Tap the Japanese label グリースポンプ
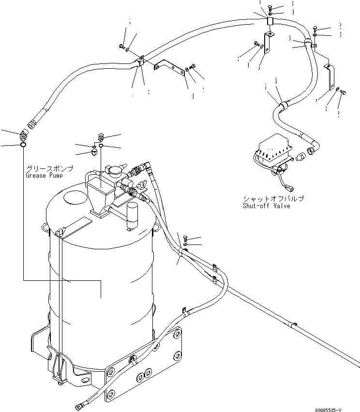(x=50, y=168)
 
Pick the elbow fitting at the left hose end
(x=24, y=133)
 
